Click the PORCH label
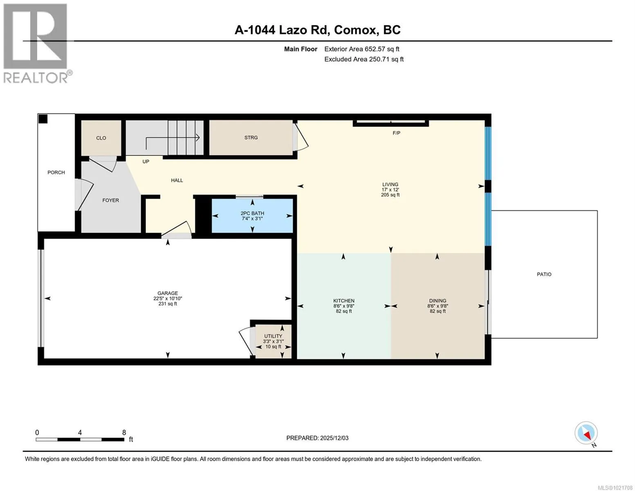56,173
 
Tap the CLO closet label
101,138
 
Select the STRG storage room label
251,137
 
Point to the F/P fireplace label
396,133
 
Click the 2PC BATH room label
252,213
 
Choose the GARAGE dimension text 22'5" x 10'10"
168,298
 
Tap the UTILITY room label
273,336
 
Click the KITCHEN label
344,301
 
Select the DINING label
438,301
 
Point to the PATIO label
544,274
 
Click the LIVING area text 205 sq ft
390,195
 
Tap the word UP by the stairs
146,162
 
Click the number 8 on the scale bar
124,432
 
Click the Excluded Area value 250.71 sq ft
386,59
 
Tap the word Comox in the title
355,30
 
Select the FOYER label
110,200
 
